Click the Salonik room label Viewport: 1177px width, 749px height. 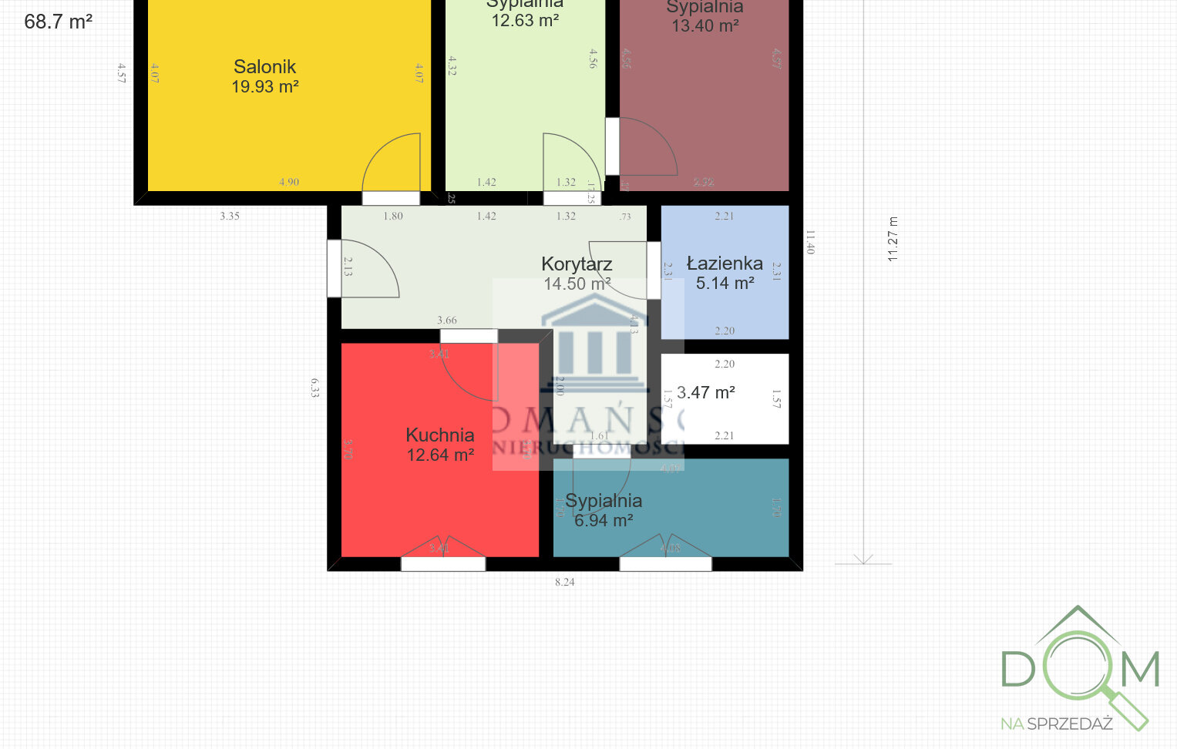coord(264,67)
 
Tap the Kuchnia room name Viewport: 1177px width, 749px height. coord(439,435)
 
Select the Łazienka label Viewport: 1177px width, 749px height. coord(725,264)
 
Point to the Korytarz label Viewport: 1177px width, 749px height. coord(577,264)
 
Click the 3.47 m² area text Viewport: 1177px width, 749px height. coord(705,393)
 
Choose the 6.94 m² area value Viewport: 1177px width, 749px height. coord(604,521)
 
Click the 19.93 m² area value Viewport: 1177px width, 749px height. coord(264,87)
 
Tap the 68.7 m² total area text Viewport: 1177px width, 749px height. coord(58,22)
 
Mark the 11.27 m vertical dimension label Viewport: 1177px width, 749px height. coord(893,239)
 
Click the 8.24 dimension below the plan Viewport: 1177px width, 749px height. coord(564,583)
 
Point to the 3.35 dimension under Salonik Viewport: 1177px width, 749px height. coord(230,217)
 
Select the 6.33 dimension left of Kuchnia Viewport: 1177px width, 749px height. coord(314,387)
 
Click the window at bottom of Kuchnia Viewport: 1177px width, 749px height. coord(443,564)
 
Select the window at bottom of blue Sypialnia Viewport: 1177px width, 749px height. coord(666,564)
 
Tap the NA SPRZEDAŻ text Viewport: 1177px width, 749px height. coord(1056,724)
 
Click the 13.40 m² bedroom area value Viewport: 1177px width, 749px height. coord(705,26)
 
